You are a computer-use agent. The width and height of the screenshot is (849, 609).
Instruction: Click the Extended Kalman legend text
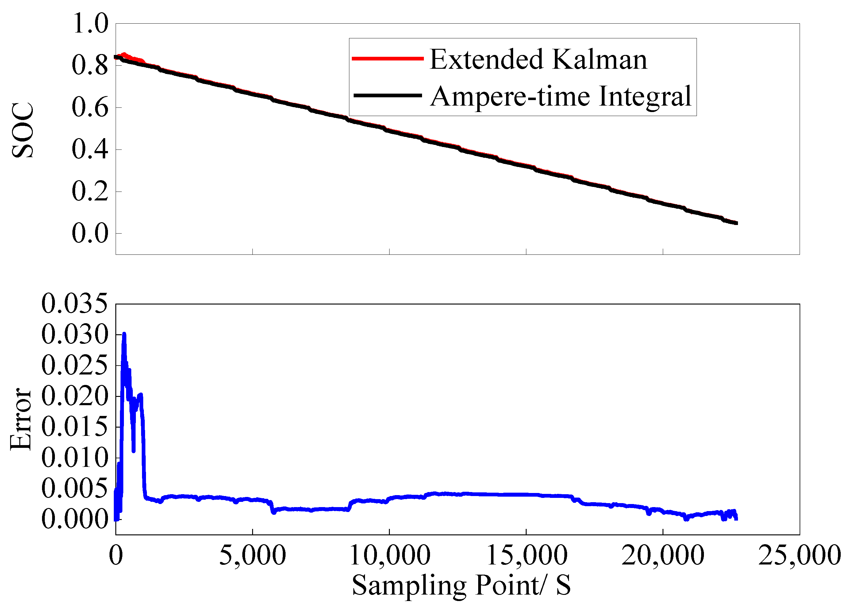538,60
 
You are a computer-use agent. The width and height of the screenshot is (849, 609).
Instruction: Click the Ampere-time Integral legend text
560,97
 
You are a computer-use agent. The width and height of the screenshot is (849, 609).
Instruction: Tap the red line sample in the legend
387,58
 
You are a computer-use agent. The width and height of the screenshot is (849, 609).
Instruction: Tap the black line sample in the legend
387,95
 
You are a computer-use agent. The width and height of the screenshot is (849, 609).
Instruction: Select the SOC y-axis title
22,130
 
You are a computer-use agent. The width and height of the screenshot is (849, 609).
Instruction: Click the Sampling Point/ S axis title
461,585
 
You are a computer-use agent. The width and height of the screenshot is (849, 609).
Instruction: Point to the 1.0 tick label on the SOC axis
90,23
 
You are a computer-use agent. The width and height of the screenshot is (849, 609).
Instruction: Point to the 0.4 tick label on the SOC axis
90,149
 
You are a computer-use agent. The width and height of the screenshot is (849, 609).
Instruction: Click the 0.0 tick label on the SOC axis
90,233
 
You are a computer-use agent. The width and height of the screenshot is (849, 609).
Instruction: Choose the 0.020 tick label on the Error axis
75,396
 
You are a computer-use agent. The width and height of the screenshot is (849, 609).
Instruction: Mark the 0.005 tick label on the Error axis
75,488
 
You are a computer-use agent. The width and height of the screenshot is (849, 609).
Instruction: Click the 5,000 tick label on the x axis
252,556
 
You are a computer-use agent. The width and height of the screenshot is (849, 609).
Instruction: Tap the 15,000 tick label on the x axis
526,556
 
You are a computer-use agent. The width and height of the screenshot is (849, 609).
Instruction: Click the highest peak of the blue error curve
124,334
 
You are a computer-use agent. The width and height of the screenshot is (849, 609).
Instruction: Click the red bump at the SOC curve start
125,55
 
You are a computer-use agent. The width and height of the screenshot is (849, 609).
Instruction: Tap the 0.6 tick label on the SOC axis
90,107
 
